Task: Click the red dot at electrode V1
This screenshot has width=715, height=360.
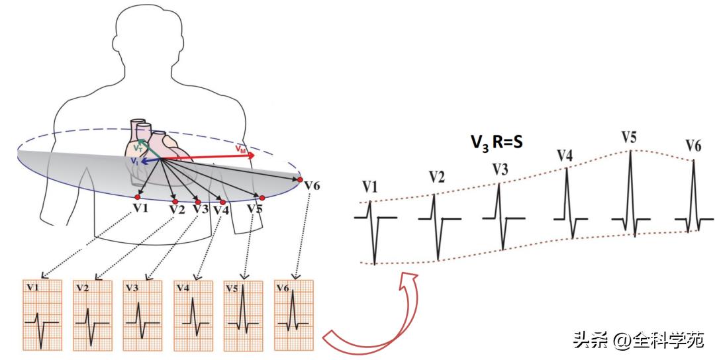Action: tap(137, 197)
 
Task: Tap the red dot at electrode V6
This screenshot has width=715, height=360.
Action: tap(300, 180)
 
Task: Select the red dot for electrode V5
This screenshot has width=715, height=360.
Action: tap(262, 198)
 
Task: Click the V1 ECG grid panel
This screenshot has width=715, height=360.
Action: tap(42, 315)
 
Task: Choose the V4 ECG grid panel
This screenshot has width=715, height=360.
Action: tap(193, 315)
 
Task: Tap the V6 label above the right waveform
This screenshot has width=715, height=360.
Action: tap(693, 146)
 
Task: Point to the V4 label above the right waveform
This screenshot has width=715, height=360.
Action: tap(565, 156)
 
